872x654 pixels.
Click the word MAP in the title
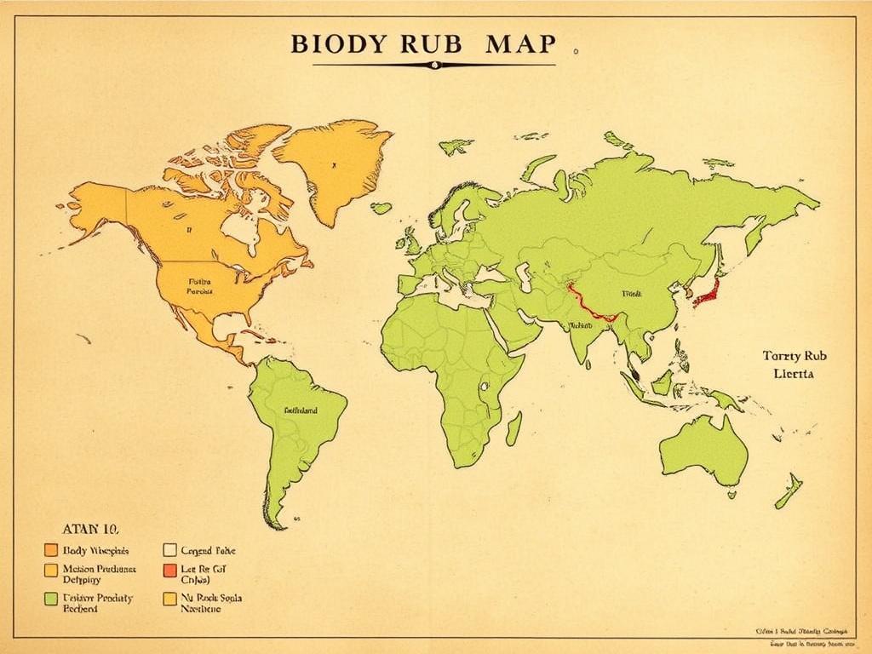pos(520,44)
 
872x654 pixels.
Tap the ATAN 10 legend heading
pos(93,528)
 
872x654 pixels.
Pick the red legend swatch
pos(169,570)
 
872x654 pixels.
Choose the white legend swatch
pos(169,550)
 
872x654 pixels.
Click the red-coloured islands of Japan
pos(708,294)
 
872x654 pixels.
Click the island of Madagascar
pos(513,428)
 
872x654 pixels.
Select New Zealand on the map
pos(789,492)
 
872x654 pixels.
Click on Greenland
pos(334,166)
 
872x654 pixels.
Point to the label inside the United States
pos(200,284)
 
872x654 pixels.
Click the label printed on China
pos(631,293)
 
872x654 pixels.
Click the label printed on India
pos(580,325)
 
